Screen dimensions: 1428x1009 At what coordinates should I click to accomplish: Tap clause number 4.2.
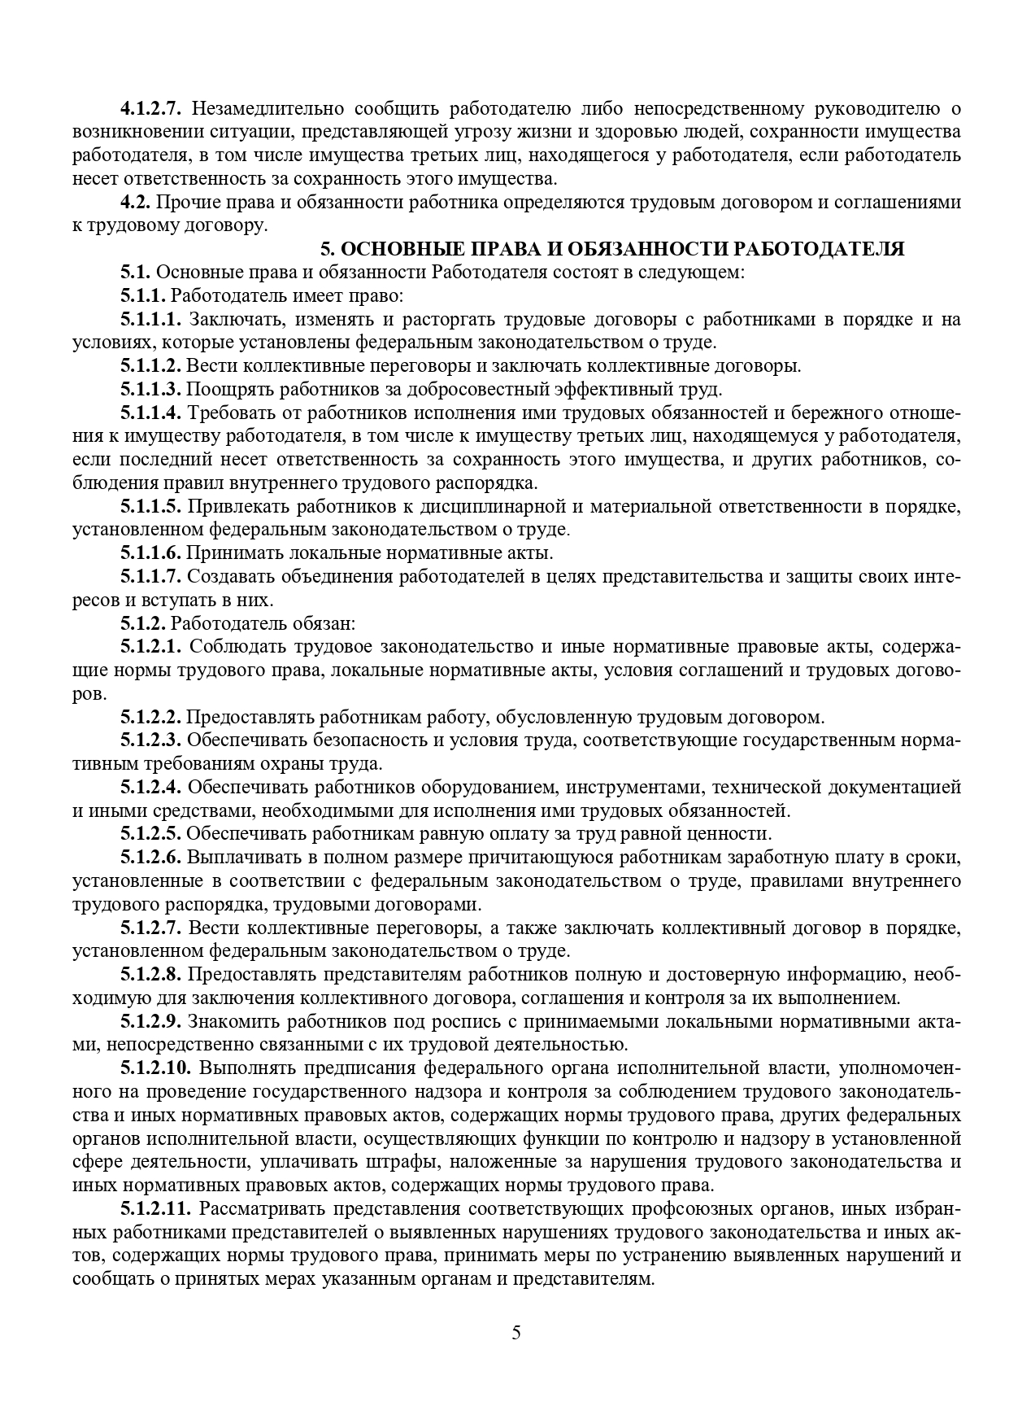tap(135, 202)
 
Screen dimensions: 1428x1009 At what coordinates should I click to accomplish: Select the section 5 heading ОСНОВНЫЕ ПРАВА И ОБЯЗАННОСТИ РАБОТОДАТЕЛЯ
tap(611, 249)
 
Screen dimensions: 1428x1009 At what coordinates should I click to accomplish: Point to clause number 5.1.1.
tap(144, 295)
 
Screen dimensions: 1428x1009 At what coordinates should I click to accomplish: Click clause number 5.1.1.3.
tap(152, 389)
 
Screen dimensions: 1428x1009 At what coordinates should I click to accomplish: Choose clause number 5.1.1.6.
tap(152, 553)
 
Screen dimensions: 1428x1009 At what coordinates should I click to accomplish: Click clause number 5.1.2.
tap(144, 624)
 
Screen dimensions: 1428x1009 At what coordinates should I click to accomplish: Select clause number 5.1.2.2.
tap(152, 718)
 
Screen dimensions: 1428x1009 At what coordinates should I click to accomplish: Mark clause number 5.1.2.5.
tap(152, 834)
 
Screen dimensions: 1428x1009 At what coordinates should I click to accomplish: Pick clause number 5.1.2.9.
tap(152, 1021)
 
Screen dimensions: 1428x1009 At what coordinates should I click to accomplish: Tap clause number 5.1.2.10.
tap(156, 1068)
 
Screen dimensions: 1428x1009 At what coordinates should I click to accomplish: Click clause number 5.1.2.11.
tap(156, 1208)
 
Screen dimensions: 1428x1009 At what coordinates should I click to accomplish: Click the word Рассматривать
tap(267, 1208)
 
